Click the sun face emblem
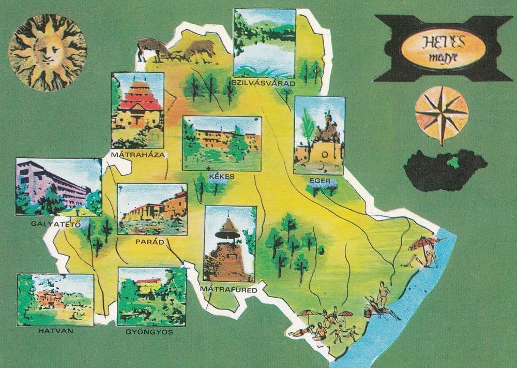point(47,52)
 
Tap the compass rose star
point(442,112)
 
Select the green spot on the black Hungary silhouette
point(454,163)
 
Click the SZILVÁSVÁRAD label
point(264,83)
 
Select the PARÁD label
point(151,241)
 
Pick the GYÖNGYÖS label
point(149,331)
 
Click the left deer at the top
point(153,48)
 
